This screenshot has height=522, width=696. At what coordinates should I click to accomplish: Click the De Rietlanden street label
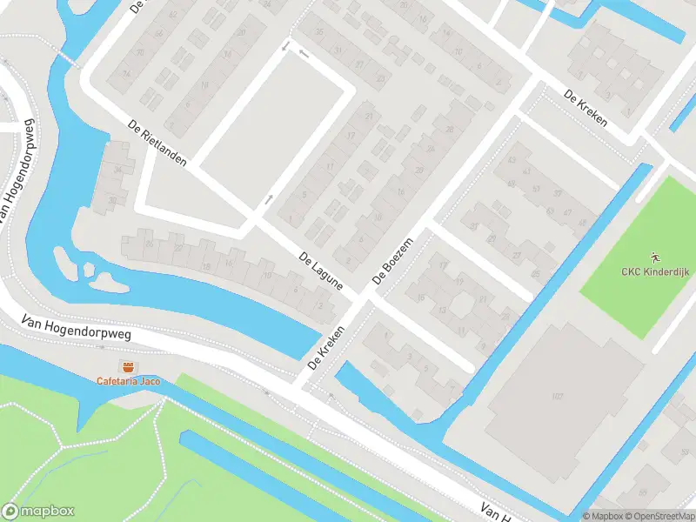(157, 144)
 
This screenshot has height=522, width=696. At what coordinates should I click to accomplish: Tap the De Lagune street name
(320, 271)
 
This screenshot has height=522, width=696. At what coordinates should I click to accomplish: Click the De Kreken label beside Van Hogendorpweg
(325, 346)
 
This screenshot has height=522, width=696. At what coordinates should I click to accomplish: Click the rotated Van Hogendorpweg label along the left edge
(12, 169)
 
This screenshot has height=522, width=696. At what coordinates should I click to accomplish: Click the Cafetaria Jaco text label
(129, 381)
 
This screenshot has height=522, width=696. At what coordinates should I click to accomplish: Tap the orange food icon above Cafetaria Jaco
(128, 366)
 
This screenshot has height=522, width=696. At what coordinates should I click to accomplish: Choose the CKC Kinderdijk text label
(653, 271)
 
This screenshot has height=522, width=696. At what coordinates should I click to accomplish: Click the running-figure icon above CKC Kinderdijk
(653, 258)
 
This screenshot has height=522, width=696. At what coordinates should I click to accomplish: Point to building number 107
(557, 397)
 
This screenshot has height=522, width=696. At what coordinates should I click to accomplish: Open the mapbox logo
(38, 512)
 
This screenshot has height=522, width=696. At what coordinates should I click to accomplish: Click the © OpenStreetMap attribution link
(660, 516)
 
